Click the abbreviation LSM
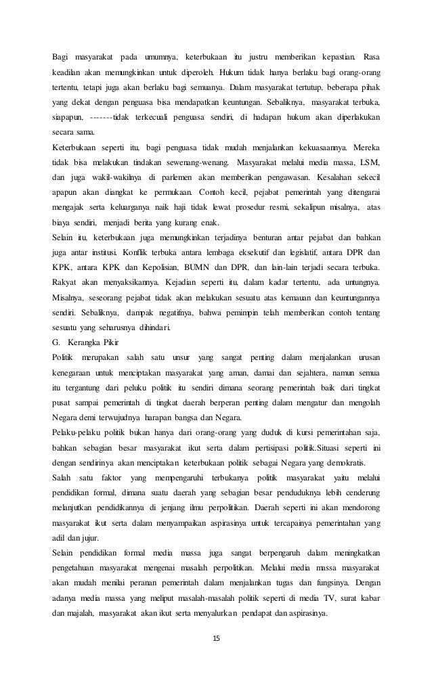369,162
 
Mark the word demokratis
345,461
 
